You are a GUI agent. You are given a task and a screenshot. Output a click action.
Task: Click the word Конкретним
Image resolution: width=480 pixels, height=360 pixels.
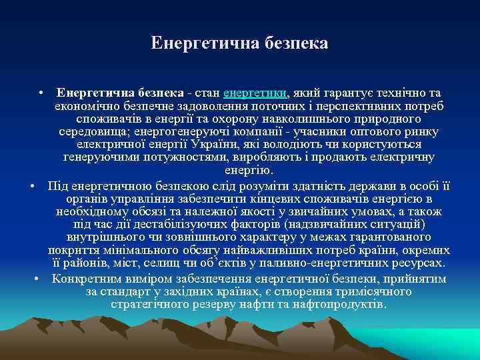pyautogui.click(x=87, y=279)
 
